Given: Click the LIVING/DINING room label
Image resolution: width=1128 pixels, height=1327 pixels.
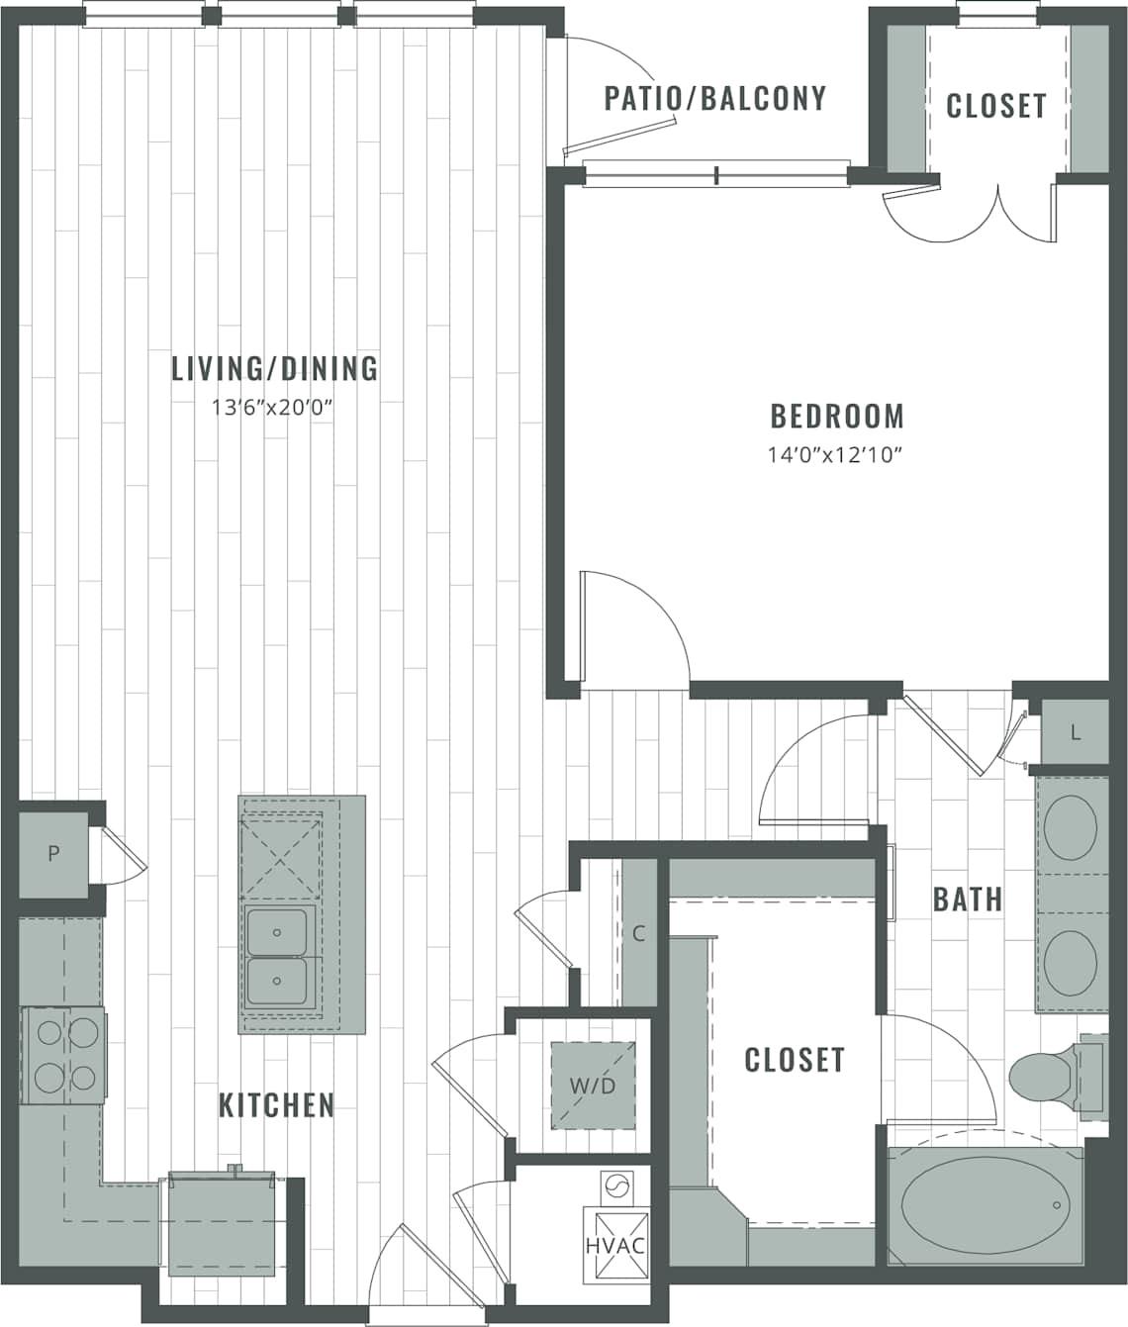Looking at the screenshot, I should (x=274, y=368).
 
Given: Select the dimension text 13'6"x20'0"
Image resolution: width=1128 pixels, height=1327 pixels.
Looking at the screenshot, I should (x=268, y=407).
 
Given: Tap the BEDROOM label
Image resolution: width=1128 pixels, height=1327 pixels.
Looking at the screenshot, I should (x=837, y=416).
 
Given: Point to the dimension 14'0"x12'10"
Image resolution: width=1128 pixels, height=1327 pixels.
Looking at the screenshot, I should (x=837, y=455).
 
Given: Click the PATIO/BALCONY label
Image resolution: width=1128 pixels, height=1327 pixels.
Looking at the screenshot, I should (x=714, y=98).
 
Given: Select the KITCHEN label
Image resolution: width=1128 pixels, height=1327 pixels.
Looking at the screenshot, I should (x=276, y=1104).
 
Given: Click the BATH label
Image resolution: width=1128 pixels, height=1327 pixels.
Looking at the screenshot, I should (x=967, y=900).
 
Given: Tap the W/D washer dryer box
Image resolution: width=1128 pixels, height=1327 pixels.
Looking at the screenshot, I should (x=593, y=1086).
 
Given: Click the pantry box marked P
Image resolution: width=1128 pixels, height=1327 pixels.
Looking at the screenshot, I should (x=53, y=854).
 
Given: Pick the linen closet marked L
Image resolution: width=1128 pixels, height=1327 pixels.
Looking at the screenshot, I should (x=1075, y=733).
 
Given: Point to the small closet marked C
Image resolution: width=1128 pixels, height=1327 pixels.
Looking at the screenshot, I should (x=638, y=933).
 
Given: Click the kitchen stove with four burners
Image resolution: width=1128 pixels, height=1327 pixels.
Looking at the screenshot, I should (x=61, y=1054).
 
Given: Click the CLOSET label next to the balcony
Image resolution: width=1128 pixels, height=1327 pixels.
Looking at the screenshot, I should (x=995, y=106).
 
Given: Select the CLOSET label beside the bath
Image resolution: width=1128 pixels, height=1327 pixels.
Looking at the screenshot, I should (x=794, y=1060).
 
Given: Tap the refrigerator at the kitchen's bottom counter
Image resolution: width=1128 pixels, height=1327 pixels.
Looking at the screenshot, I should (x=221, y=1223).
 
